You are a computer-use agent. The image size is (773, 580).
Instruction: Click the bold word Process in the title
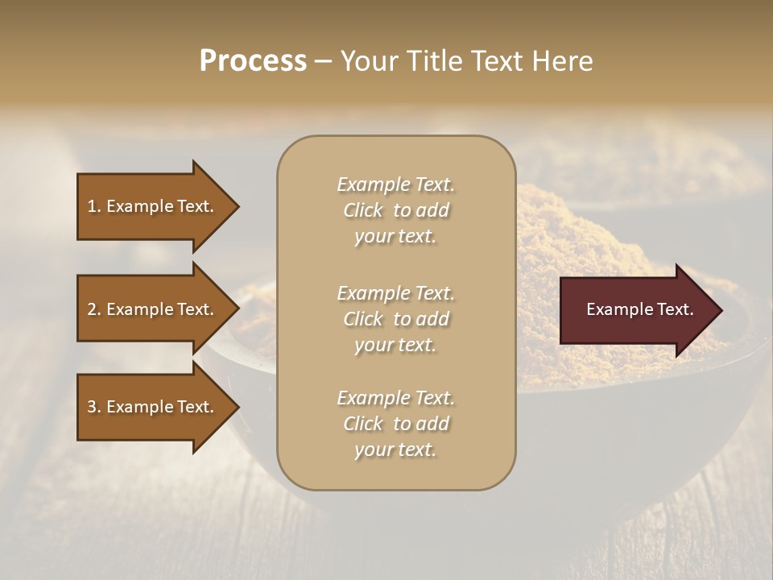point(253,61)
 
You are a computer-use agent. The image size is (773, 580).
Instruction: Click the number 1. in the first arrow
point(94,206)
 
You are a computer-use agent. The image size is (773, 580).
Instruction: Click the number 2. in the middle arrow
point(94,309)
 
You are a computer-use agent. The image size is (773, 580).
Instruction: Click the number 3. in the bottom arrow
point(94,407)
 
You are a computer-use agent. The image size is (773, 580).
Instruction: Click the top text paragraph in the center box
point(395,210)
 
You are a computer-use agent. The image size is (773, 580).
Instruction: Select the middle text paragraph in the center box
point(395,319)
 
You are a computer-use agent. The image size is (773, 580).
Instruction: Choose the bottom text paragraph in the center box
point(395,424)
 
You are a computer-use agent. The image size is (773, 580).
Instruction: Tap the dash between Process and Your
point(322,62)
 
